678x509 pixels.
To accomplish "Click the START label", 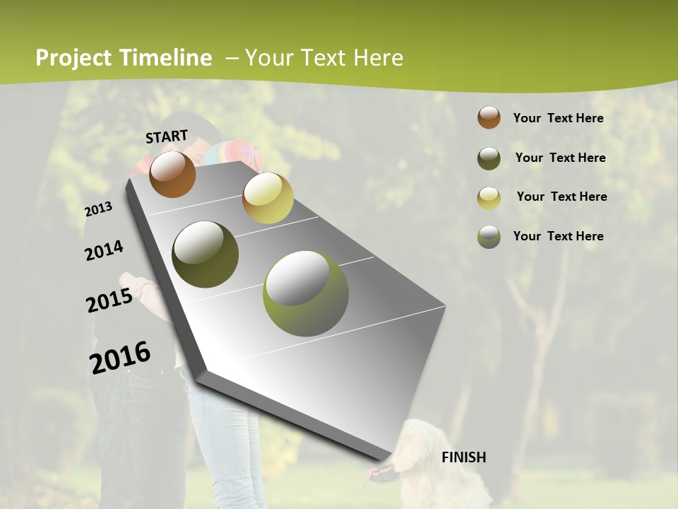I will tap(167, 136).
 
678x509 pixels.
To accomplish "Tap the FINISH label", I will tap(464, 457).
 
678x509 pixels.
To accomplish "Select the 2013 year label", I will tap(99, 209).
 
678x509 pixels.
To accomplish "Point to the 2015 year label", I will tap(109, 300).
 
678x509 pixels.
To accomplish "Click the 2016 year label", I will tap(120, 358).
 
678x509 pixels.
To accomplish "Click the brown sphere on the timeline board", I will tap(172, 174).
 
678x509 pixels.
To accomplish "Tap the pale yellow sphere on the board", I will tap(268, 198).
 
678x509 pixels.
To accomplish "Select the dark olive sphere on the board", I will tap(206, 255).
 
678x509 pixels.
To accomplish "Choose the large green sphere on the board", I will tap(306, 293).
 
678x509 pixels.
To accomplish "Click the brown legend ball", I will tap(489, 117).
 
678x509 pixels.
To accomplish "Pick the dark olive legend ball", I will tap(489, 158).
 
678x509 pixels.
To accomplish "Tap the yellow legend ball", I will tap(489, 198).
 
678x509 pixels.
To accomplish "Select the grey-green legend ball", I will tap(489, 237).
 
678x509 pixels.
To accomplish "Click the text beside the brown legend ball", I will tap(558, 118).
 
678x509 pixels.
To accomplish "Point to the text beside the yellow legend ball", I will tap(561, 197).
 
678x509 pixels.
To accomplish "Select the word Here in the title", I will tap(378, 58).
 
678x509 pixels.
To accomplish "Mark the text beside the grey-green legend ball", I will tap(558, 236).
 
